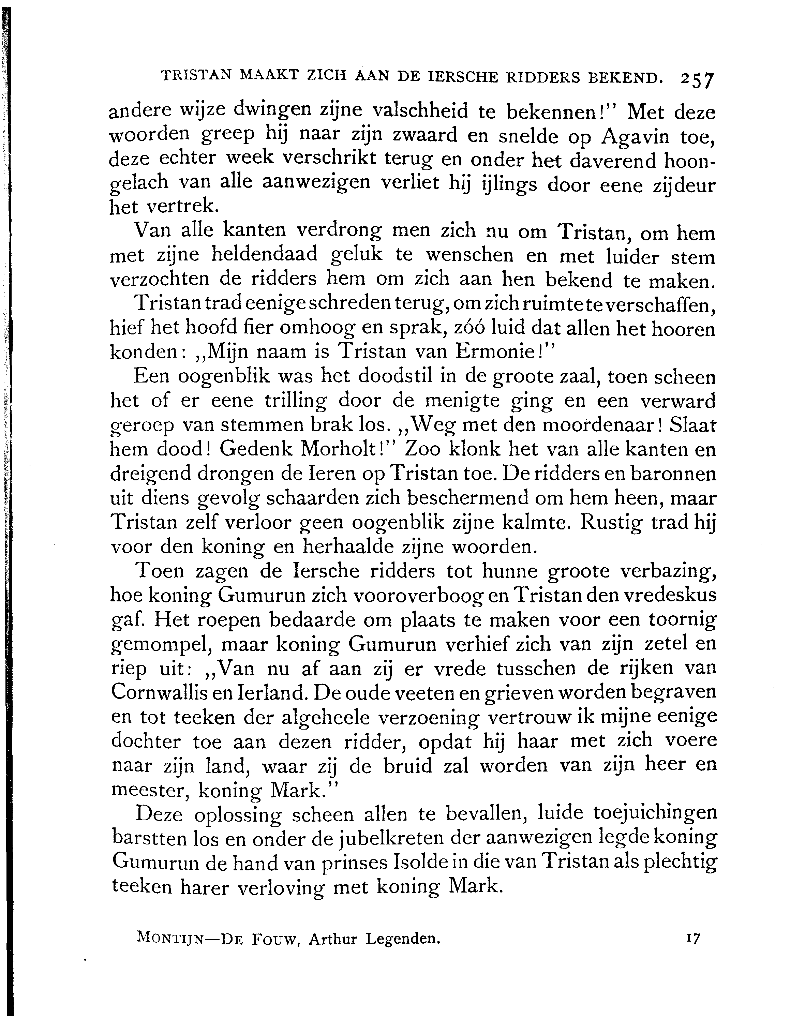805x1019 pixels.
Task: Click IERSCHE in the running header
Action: (x=462, y=77)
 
